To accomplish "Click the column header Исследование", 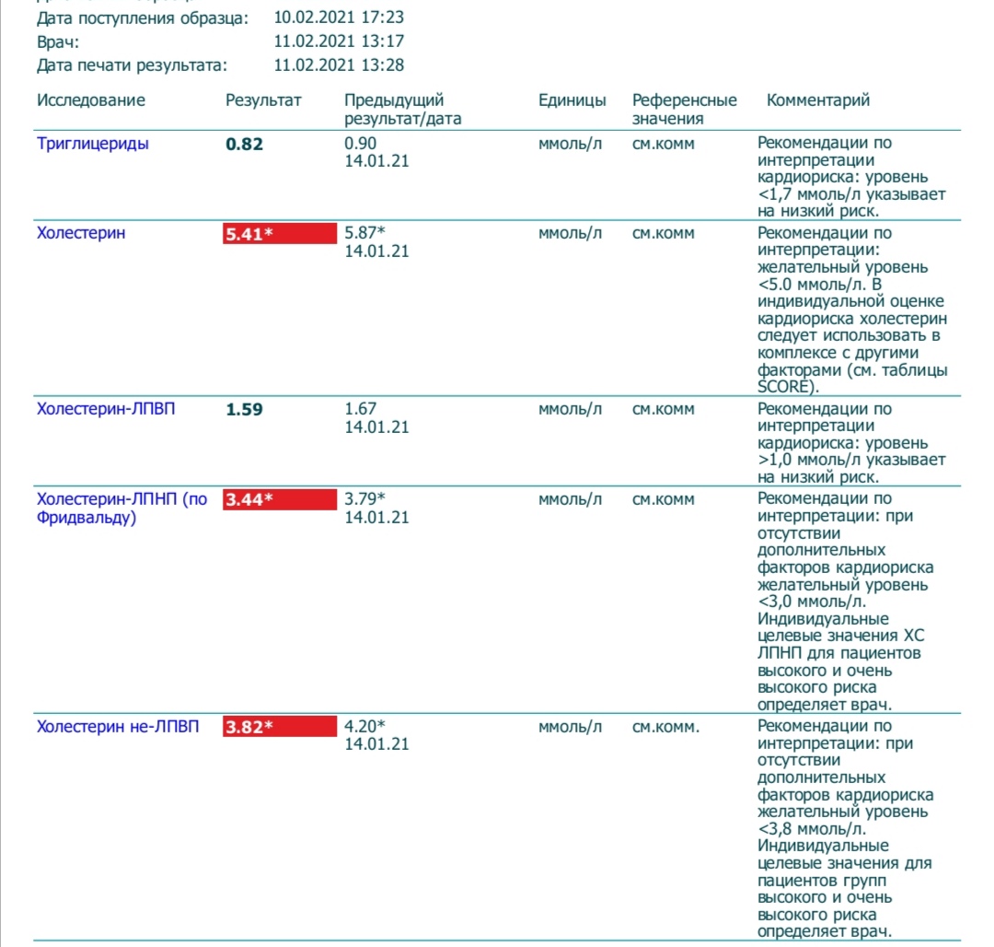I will (91, 100).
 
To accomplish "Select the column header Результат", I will (263, 100).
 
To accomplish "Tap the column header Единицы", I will (572, 100).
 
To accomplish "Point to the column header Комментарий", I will (818, 100).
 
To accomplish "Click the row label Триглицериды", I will (93, 144).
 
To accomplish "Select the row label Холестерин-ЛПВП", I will (106, 409).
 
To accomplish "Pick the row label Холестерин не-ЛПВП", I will (118, 727).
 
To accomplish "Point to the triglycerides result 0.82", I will (244, 145).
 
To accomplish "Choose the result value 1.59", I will (244, 410).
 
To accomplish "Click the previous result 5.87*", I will (364, 234).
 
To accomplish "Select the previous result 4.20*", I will (364, 727).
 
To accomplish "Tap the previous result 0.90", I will (360, 144).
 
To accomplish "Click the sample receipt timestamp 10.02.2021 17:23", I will (339, 18).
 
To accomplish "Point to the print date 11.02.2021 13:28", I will (339, 65).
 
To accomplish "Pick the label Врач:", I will (59, 41).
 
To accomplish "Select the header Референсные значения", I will (684, 109).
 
